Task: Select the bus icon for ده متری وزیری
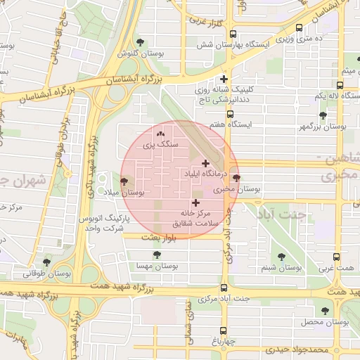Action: [x=300, y=27]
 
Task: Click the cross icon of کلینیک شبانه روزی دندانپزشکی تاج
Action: [x=224, y=79]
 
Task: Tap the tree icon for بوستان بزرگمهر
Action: [x=323, y=115]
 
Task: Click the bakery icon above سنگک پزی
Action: [x=160, y=133]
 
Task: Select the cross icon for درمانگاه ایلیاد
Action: [x=205, y=162]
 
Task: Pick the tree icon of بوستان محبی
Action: [x=236, y=179]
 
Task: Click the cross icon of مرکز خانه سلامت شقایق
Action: [x=195, y=202]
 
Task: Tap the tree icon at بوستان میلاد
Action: [x=124, y=181]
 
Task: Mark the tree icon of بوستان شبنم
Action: [x=282, y=257]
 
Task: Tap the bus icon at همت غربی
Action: [x=337, y=257]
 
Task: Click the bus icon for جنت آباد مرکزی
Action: [x=224, y=288]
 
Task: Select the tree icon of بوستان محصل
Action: [x=324, y=311]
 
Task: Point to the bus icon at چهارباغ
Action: [x=224, y=330]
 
